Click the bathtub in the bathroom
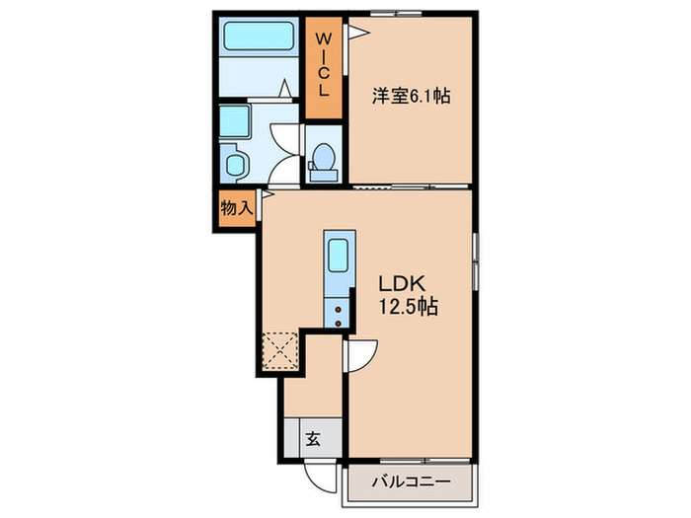pyautogui.click(x=254, y=37)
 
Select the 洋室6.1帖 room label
pyautogui.click(x=412, y=97)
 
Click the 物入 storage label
pyautogui.click(x=236, y=208)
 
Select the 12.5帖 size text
pyautogui.click(x=408, y=307)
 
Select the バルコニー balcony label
pyautogui.click(x=411, y=482)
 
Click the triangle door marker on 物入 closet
pyautogui.click(x=266, y=195)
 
